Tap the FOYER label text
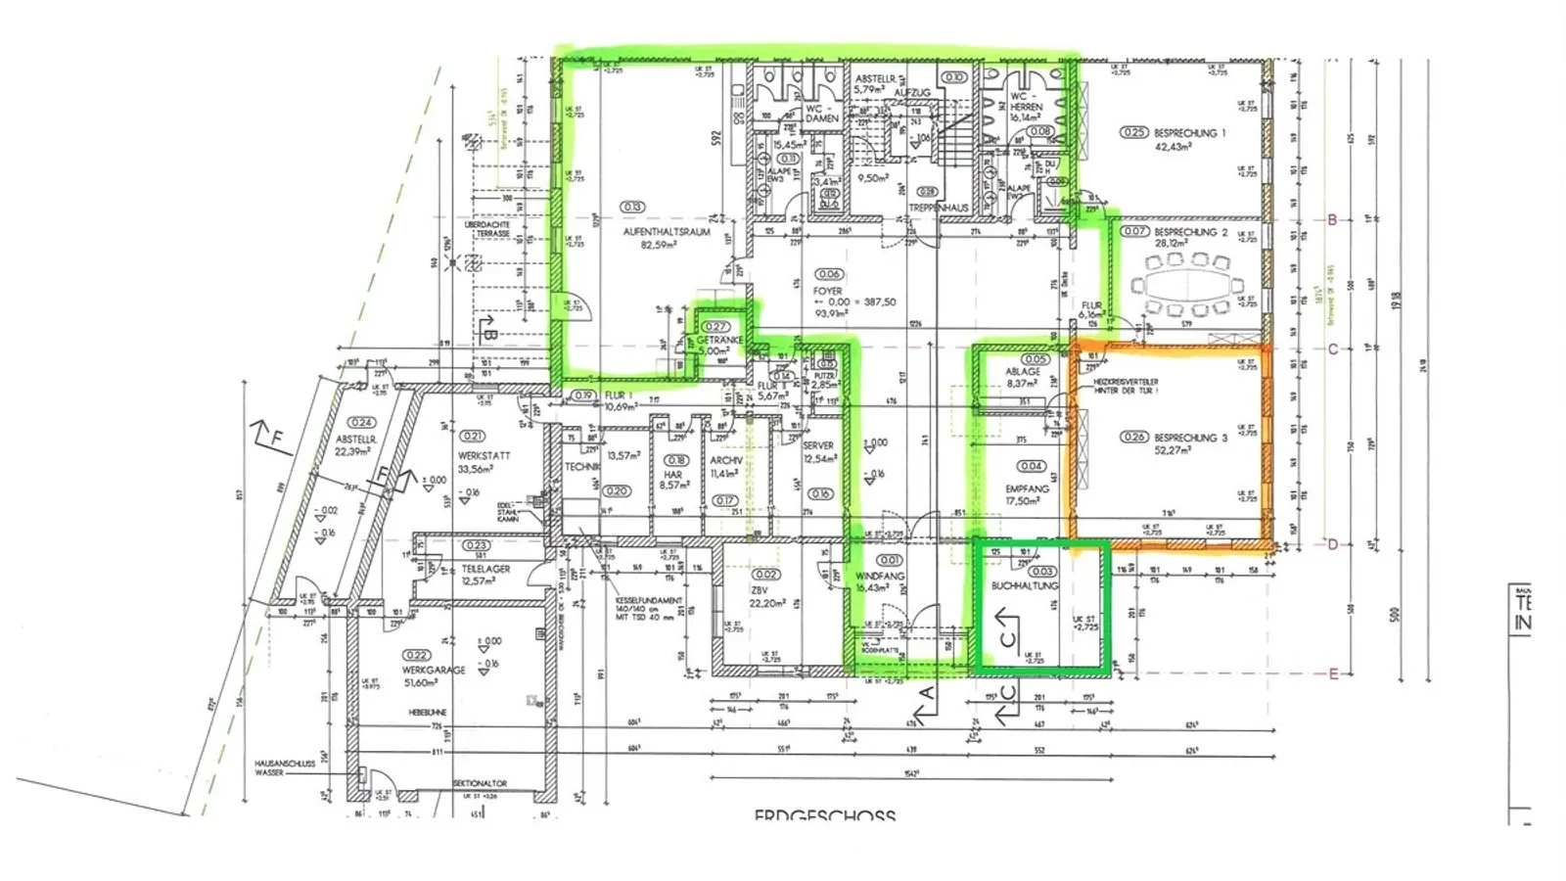click(x=827, y=292)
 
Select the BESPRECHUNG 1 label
click(x=1189, y=132)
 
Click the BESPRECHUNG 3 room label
click(x=1189, y=438)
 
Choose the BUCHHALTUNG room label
click(x=1025, y=585)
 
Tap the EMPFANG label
click(x=1027, y=488)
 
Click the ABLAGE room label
click(x=1023, y=372)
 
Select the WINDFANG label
click(x=880, y=577)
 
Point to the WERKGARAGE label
click(x=434, y=670)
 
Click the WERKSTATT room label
click(x=484, y=456)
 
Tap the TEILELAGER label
click(x=485, y=567)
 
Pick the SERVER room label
click(x=818, y=445)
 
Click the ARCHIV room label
click(x=726, y=460)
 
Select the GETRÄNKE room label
click(x=719, y=340)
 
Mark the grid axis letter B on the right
click(x=1332, y=220)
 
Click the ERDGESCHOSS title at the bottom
click(x=824, y=814)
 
